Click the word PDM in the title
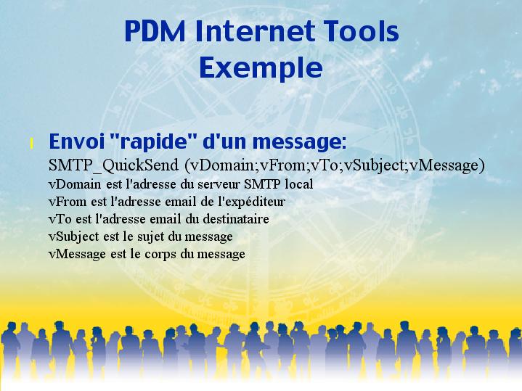click(155, 31)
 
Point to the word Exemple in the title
click(261, 68)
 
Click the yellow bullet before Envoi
click(32, 144)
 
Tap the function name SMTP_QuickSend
click(113, 165)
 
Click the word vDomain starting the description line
click(75, 184)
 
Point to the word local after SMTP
click(298, 184)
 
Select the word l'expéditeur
click(251, 202)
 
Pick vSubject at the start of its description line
click(73, 237)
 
